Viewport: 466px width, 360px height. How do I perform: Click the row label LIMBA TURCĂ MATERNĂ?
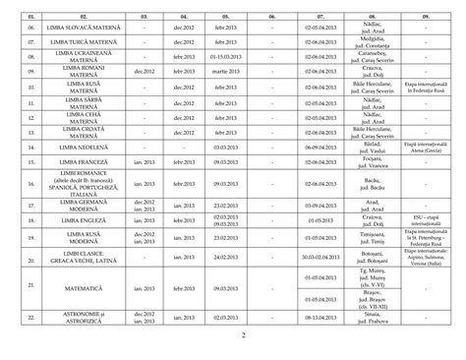click(x=90, y=44)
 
